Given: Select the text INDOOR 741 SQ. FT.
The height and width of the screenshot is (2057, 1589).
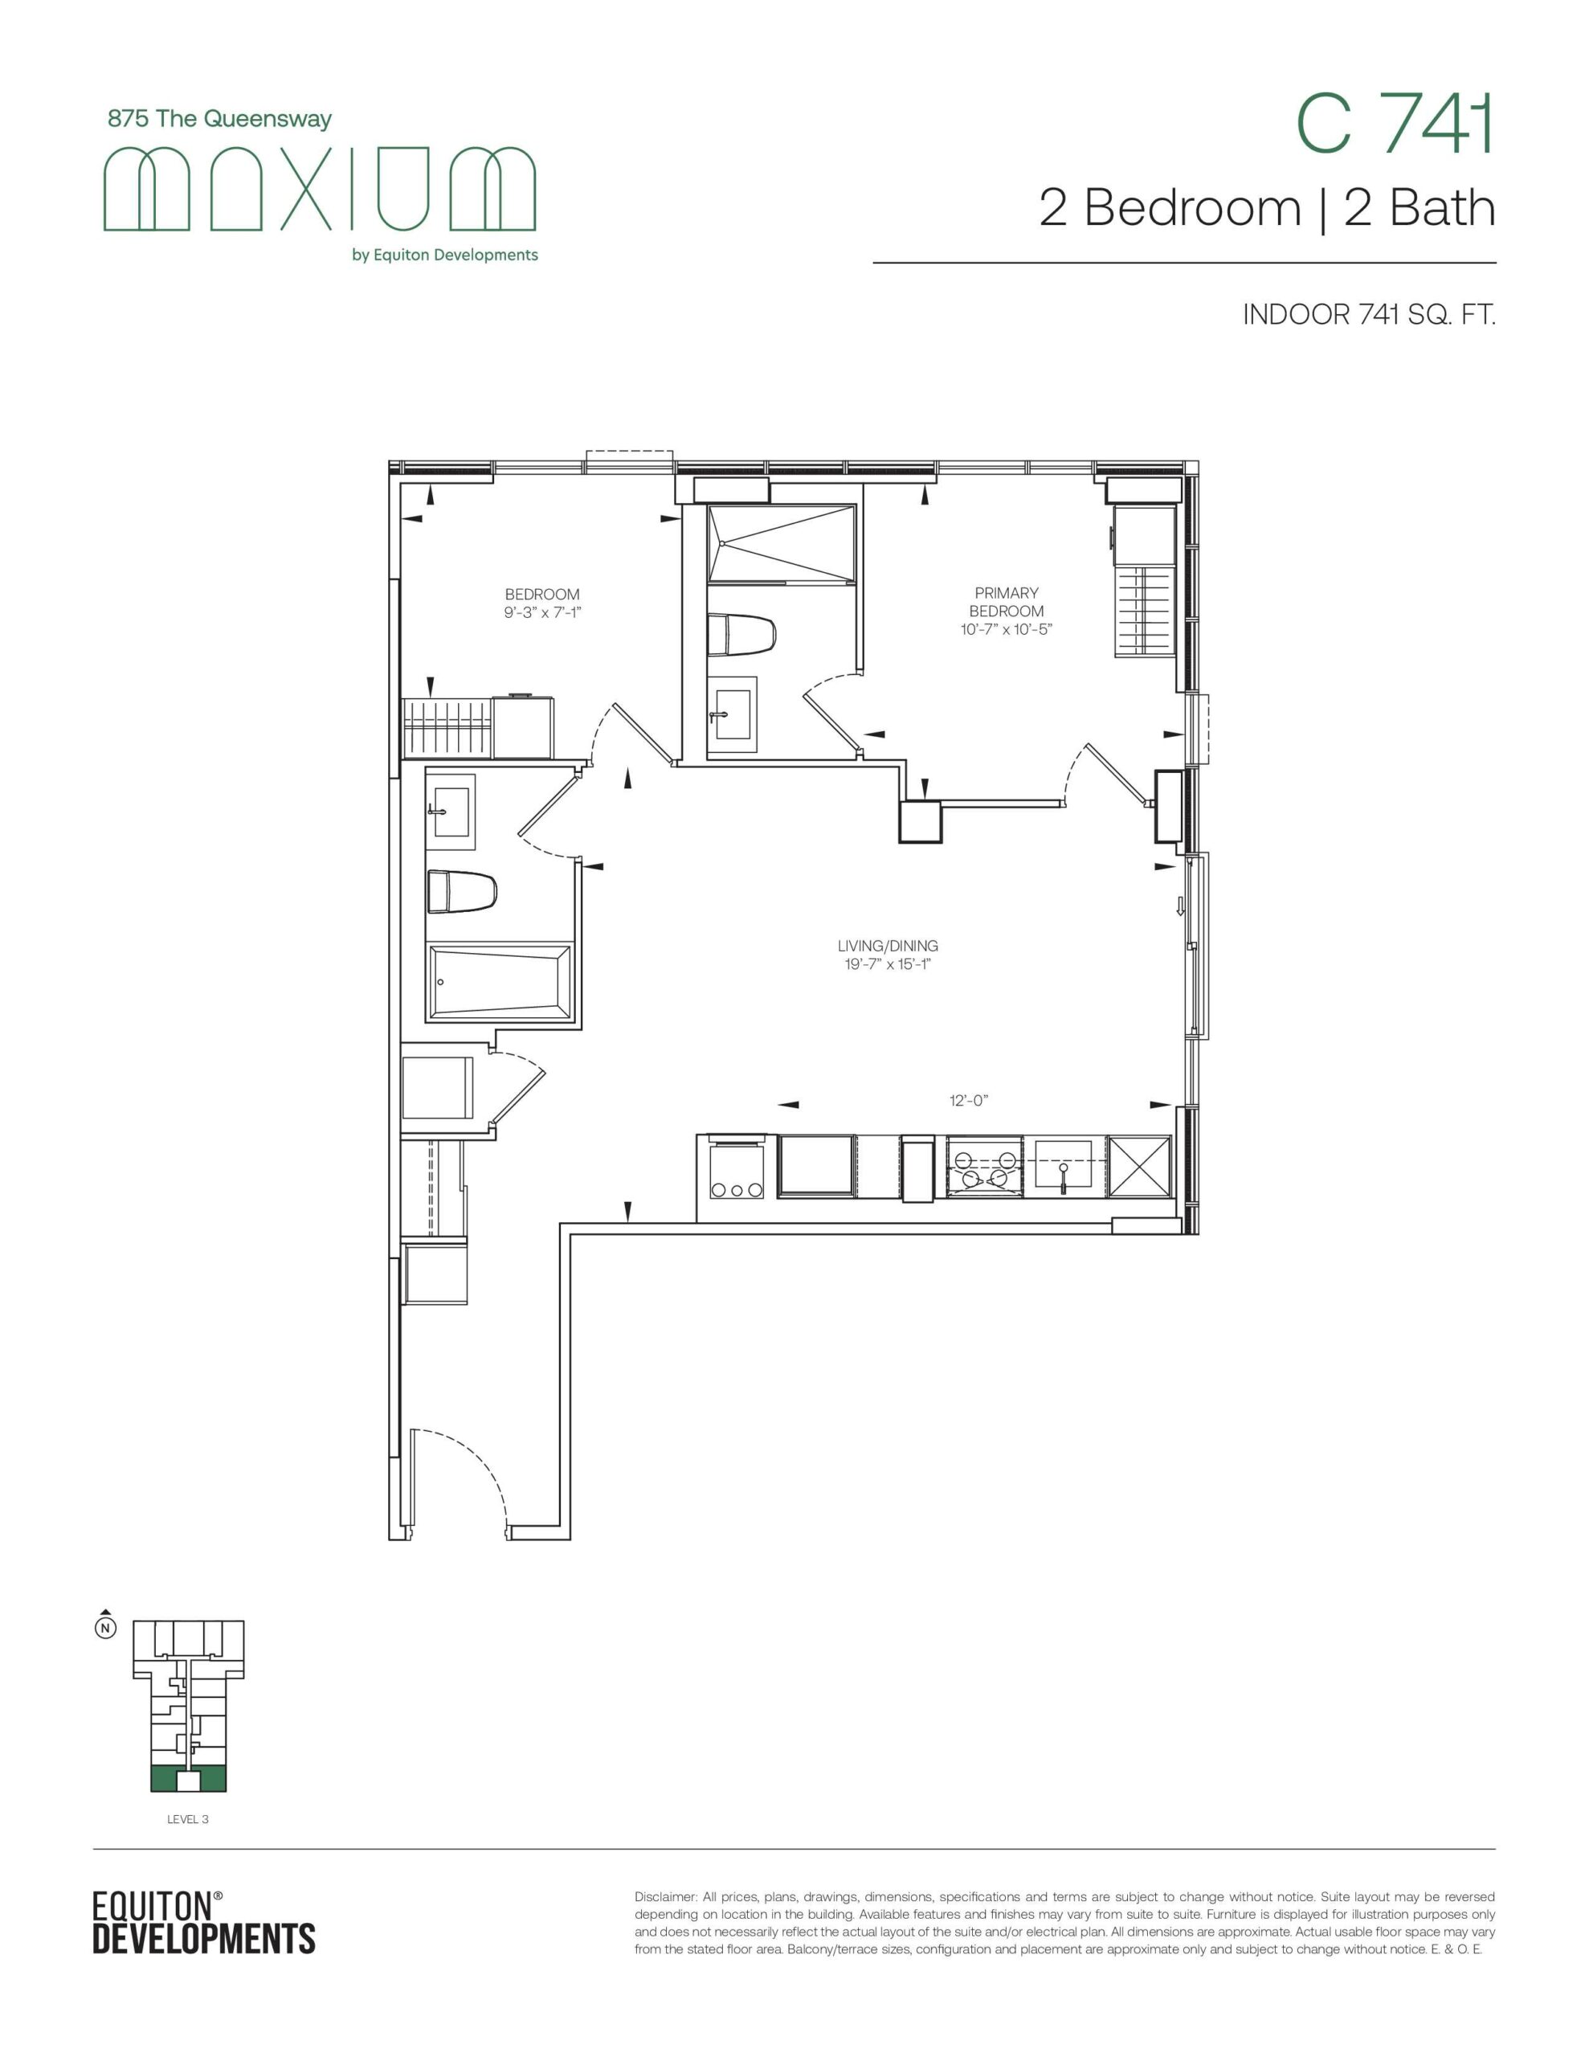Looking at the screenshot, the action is (x=1369, y=315).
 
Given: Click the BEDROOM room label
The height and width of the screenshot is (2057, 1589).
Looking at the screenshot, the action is (x=541, y=595).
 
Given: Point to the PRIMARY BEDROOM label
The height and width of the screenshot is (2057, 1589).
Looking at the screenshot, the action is (x=1006, y=602).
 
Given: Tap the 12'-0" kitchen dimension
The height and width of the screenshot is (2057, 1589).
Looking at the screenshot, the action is (x=968, y=1100).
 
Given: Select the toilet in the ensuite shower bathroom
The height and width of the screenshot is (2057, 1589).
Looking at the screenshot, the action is (x=741, y=633).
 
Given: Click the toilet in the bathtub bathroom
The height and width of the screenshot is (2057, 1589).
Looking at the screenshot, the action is (x=462, y=891).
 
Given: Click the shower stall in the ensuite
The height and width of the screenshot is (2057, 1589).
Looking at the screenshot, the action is (x=782, y=545).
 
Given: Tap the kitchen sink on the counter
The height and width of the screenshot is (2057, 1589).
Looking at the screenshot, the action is (x=1064, y=1165).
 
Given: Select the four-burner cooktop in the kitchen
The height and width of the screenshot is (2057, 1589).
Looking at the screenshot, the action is (x=984, y=1167).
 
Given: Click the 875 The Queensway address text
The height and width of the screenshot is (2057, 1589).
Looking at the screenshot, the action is (x=220, y=120).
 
